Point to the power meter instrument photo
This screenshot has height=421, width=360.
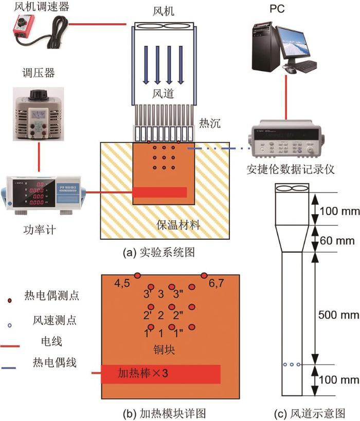coord(44,194)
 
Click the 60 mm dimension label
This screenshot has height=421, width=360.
coord(337,240)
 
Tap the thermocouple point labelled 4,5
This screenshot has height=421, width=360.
coord(137,276)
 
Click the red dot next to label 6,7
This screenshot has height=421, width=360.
coord(204,275)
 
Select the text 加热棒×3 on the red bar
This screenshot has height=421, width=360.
coord(143,373)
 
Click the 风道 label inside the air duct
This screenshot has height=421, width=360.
coord(160,94)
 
